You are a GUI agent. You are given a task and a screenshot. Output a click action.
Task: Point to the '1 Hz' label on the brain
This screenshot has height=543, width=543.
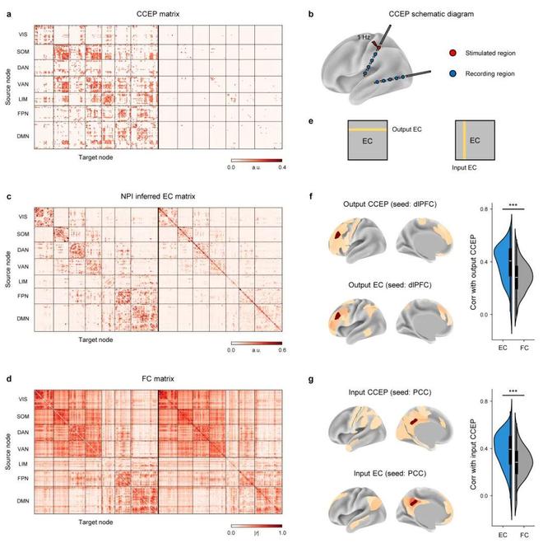[364, 37]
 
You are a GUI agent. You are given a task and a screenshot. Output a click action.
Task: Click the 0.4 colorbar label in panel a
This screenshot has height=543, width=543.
[280, 167]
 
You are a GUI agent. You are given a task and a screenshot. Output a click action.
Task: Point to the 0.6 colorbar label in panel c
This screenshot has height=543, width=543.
[280, 350]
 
